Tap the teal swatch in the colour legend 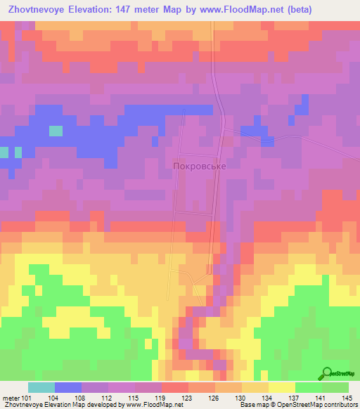pos(41,387)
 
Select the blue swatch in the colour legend pos(68,387)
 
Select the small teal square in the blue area pos(56,131)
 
